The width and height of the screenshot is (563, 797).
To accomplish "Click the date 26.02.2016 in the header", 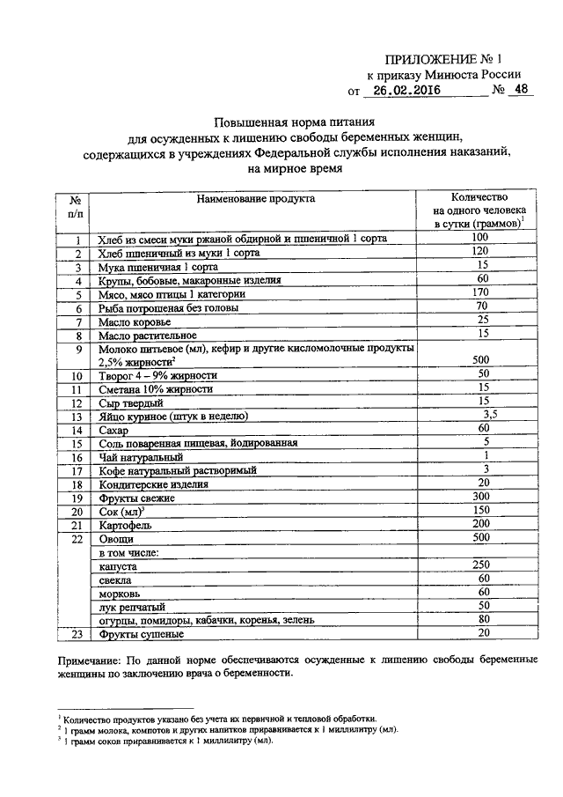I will point(404,90).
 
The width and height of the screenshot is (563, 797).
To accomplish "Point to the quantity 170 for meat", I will point(479,292).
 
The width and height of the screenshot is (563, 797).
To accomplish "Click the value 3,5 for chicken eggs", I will point(490,414).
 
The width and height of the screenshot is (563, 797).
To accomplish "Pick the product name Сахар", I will point(113,430).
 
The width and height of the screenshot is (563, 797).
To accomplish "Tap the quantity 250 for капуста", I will point(479,565).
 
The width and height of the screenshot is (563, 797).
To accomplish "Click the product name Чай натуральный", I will point(141,457).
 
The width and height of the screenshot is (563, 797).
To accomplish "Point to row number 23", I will point(77,634).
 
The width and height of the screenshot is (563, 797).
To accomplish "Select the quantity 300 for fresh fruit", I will point(479,498).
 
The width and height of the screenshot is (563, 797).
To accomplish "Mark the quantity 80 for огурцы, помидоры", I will point(479,619).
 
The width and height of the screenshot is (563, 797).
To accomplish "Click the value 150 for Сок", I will point(479,511).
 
